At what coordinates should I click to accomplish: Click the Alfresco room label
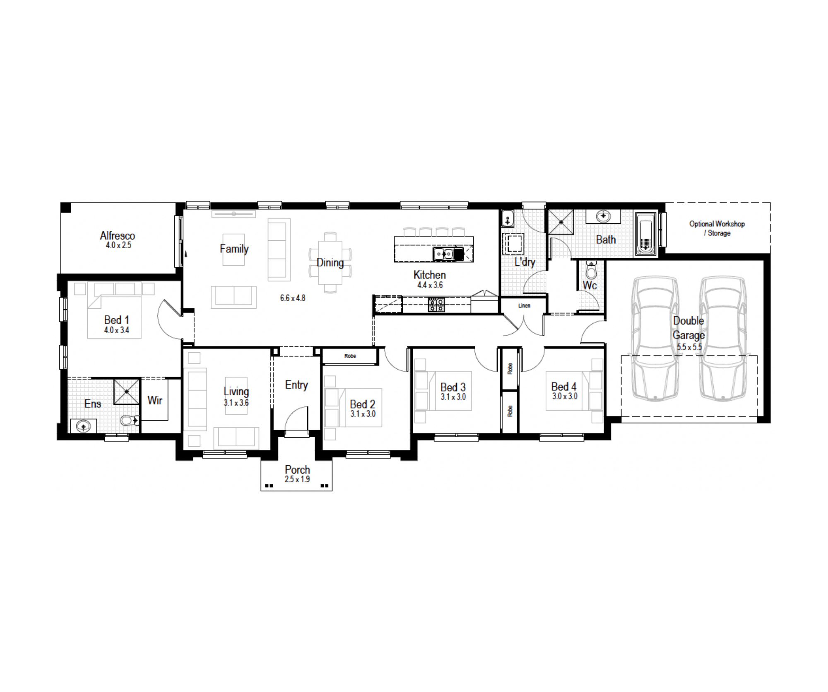pos(118,235)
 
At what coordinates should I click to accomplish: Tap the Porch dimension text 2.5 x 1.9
pos(297,479)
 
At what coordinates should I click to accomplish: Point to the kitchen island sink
pos(448,253)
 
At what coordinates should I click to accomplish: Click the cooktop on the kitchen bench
pos(436,305)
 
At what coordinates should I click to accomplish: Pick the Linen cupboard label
pos(524,305)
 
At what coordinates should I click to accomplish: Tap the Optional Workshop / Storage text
pos(717,228)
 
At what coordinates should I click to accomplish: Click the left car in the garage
pos(655,339)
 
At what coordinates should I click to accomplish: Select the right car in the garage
pos(722,339)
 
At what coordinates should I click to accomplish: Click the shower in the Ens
pos(127,391)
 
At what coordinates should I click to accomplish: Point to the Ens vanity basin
pos(84,426)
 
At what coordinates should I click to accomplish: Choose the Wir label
pos(155,400)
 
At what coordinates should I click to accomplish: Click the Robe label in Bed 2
pos(350,356)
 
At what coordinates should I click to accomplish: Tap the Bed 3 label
pos(453,387)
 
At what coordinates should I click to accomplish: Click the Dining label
pos(330,262)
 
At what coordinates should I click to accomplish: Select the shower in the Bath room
pos(561,222)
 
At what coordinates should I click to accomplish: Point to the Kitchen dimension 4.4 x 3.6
pos(430,285)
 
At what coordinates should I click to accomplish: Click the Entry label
pos(296,385)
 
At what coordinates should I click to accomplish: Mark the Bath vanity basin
pos(603,216)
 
